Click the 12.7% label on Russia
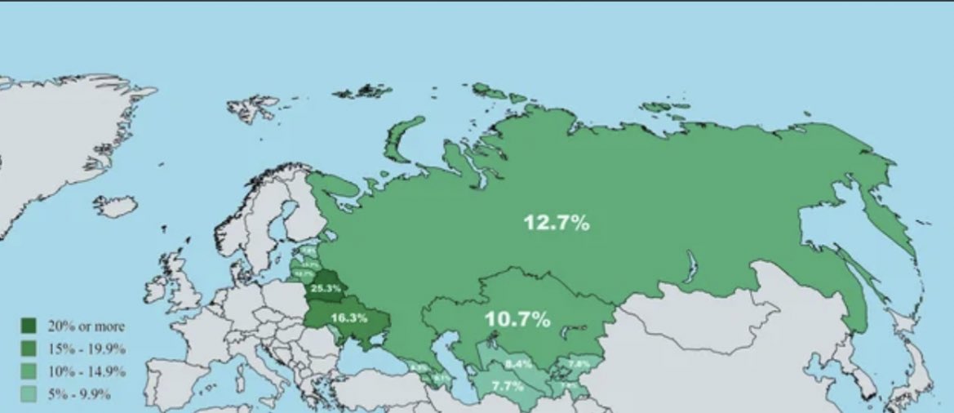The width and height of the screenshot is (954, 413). pos(557,222)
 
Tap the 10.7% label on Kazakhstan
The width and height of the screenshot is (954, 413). pos(517,319)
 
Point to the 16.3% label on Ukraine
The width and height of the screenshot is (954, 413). pos(348,317)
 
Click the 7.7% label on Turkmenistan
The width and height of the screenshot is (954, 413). pos(507,385)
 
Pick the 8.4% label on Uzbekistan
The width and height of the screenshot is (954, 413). pos(518,363)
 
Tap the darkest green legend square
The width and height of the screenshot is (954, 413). pos(29,326)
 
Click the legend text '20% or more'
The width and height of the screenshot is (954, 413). pos(86,326)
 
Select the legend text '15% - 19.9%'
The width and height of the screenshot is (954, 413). pos(87,349)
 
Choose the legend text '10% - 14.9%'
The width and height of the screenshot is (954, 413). pos(87,372)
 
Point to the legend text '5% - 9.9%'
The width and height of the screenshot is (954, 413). pos(79,395)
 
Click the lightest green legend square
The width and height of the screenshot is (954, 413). pos(29,395)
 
